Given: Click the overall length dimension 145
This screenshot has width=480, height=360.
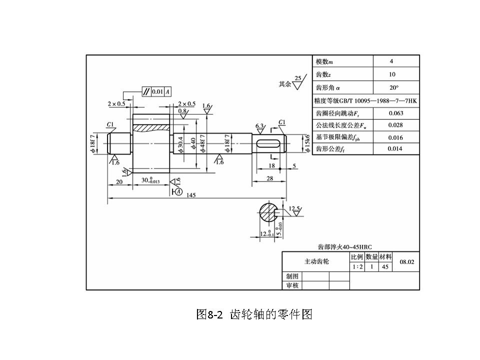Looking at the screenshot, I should click(x=190, y=195).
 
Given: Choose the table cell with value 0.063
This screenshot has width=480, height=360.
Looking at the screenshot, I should click(x=395, y=113).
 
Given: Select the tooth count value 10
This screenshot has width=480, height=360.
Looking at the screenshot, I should click(x=392, y=74).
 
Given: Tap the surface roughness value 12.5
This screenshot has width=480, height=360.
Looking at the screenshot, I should click(x=294, y=208).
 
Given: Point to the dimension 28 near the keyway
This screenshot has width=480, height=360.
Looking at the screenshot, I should click(x=270, y=178).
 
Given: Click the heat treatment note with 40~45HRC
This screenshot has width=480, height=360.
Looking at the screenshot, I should click(x=345, y=246).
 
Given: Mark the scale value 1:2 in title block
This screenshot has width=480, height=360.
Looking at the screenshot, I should click(x=357, y=267).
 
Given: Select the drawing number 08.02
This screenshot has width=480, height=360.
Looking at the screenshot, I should click(x=407, y=262).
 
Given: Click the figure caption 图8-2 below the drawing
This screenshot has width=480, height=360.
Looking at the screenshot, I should click(x=255, y=314).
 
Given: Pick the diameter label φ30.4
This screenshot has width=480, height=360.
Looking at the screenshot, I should click(x=180, y=143).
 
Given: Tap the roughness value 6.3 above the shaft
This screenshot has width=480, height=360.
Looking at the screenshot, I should click(x=259, y=125).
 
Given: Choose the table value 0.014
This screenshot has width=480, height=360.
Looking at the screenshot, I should click(x=395, y=149).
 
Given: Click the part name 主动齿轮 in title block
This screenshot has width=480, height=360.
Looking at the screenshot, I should click(x=317, y=261).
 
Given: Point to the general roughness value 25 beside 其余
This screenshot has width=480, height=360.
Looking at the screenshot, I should click(x=298, y=78).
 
